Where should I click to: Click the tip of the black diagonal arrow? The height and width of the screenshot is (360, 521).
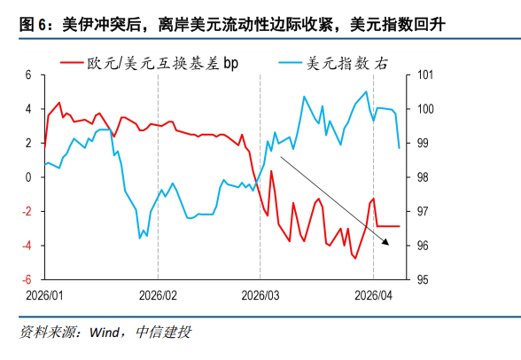tap(388, 242)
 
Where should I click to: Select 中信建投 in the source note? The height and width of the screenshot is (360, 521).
tap(163, 333)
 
